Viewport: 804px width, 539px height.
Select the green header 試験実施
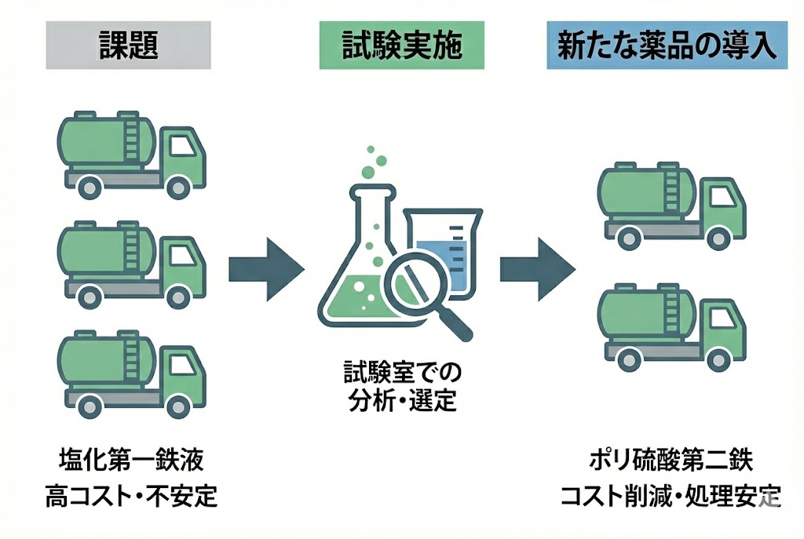pyautogui.click(x=401, y=46)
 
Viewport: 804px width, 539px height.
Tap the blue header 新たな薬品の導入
pyautogui.click(x=667, y=46)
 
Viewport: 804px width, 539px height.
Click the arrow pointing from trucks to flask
pyautogui.click(x=265, y=269)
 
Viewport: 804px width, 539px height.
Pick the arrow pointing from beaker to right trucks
pyautogui.click(x=537, y=269)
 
